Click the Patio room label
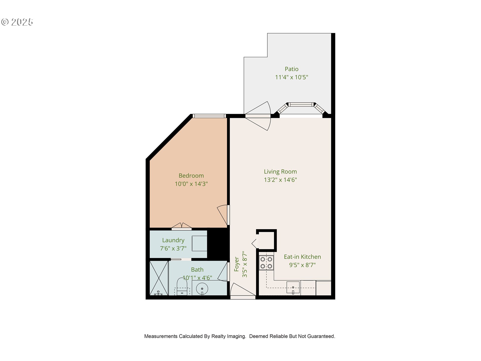coord(291,69)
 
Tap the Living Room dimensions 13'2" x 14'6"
coord(280,180)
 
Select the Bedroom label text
coord(191,175)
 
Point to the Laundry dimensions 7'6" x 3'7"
coord(173,248)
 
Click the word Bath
coord(197,269)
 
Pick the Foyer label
coord(236,264)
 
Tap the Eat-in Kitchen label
coord(302,257)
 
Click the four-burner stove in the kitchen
coord(266,262)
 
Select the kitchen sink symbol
coord(293,288)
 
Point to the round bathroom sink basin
coord(202,289)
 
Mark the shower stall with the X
coord(159,278)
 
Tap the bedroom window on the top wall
coord(209,116)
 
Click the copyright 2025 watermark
coord(17,22)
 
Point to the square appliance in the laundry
coord(199,243)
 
